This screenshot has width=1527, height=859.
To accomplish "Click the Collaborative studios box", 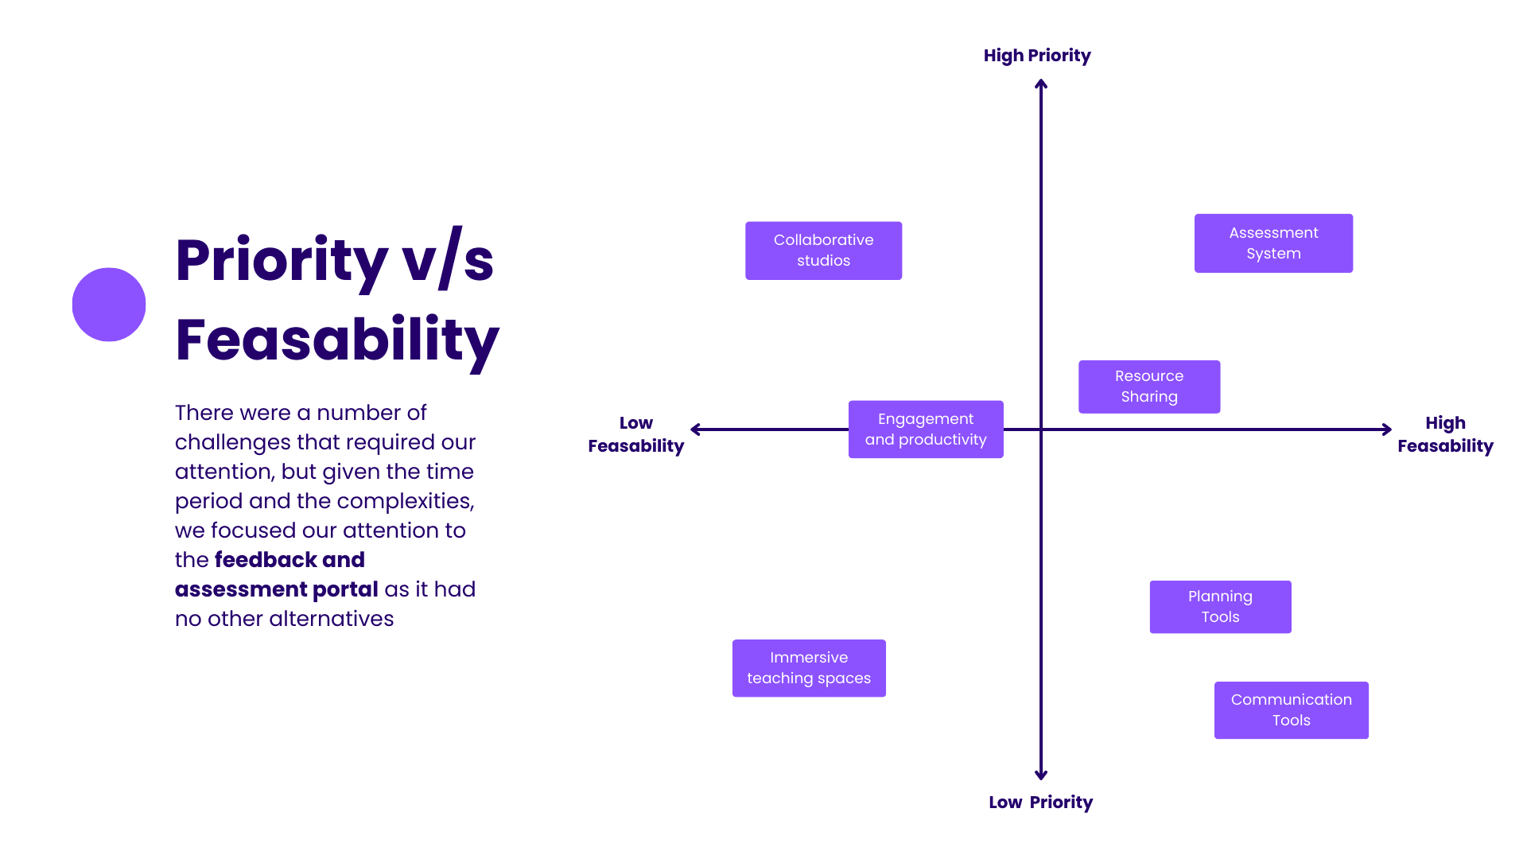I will pos(823,251).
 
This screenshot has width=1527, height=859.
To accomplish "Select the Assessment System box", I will pos(1273,243).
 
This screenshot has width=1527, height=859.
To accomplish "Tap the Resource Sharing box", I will pos(1149,387).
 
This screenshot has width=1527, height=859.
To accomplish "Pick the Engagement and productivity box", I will pos(926,429).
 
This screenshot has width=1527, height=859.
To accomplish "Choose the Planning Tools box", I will pos(1220,607).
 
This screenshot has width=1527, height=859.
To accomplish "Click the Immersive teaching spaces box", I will pos(809,668).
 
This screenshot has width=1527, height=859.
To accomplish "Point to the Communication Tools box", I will pos(1291,710).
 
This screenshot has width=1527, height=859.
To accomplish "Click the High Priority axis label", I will pos(1037,56).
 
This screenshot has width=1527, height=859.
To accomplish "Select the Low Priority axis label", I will pos(1040,803).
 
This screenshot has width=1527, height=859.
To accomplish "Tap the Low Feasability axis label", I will pos(636,434).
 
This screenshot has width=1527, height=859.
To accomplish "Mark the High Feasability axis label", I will pos(1445,434).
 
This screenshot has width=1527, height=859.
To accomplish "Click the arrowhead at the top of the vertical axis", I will pos(1041,84).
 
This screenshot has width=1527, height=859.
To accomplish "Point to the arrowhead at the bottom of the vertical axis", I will pos(1041,775).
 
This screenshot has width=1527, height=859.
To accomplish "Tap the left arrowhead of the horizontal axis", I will pos(696,429).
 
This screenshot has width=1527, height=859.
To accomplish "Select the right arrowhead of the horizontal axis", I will pos(1387,429).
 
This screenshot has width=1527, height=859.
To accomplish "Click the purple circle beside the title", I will pos(109,305).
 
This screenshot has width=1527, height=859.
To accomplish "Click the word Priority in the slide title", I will pos(282,261).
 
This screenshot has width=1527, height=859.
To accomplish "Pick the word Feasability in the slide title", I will pos(337,340).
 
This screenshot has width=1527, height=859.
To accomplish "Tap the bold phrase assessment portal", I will pos(276,589).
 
